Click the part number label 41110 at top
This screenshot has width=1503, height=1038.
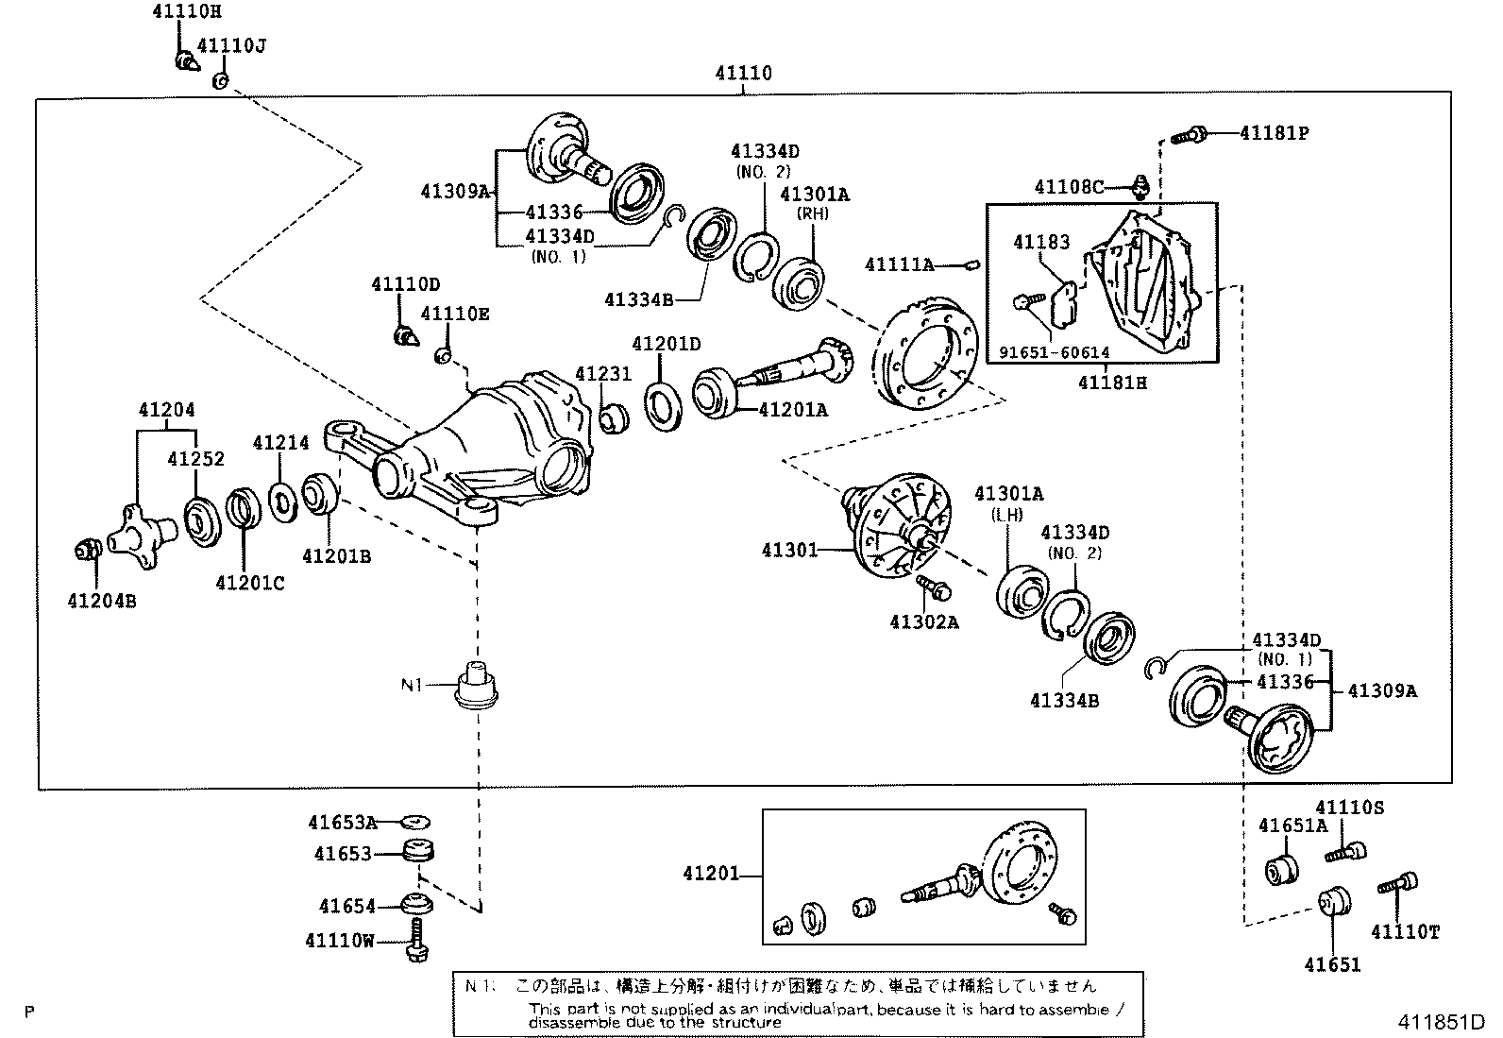(x=743, y=74)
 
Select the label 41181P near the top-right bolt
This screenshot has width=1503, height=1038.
(x=1274, y=133)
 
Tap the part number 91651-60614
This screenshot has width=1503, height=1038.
(x=1054, y=353)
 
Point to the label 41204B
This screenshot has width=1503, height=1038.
(x=101, y=600)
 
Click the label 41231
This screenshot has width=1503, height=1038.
(x=602, y=375)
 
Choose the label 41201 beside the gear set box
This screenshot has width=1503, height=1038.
(x=712, y=875)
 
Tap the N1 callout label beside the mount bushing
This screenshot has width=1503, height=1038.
(x=412, y=685)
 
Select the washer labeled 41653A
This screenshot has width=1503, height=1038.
(x=415, y=822)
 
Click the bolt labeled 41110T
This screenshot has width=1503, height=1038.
(x=1399, y=885)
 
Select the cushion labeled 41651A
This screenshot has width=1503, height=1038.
(x=1282, y=867)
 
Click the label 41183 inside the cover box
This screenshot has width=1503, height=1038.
(x=1041, y=243)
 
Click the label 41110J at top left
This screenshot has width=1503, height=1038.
(x=230, y=47)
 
